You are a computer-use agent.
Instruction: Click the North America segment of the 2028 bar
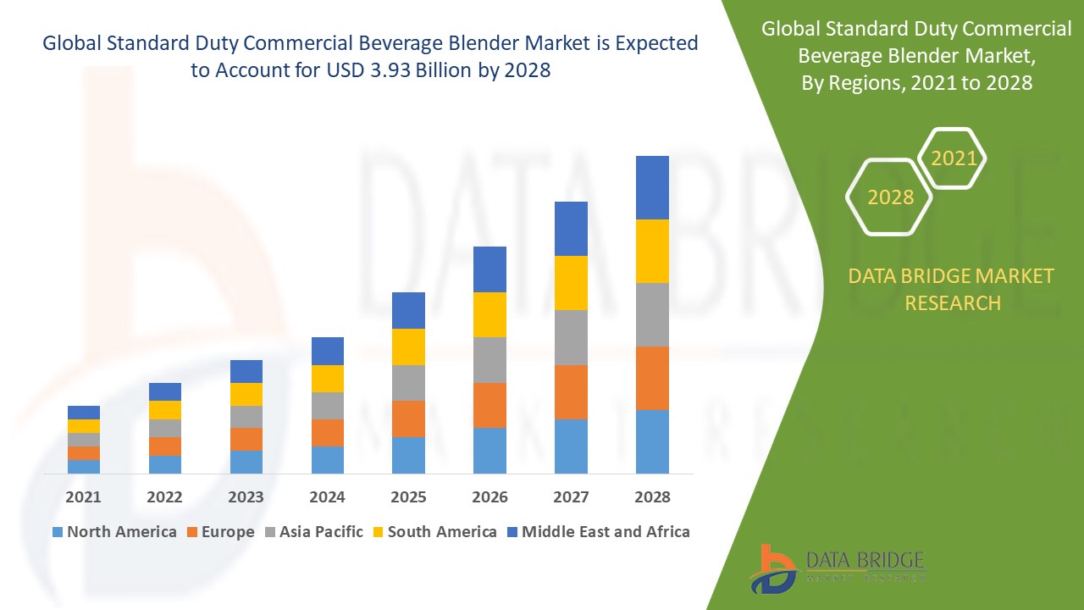(652, 441)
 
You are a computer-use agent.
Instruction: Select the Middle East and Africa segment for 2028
(652, 187)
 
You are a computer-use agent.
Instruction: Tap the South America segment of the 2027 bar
(571, 283)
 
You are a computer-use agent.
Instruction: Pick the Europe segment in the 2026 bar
(489, 405)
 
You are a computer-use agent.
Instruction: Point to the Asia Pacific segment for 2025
(408, 383)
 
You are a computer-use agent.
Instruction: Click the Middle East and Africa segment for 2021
(84, 413)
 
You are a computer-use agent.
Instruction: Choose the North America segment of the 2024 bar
(328, 459)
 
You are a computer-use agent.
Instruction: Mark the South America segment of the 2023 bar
(246, 394)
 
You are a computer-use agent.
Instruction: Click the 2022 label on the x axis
(164, 497)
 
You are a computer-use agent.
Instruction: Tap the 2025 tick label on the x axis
(408, 497)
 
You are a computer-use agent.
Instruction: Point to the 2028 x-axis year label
(652, 497)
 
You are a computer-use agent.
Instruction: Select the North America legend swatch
(58, 532)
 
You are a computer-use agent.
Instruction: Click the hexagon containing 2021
(953, 158)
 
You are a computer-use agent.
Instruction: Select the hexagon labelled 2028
(889, 197)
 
